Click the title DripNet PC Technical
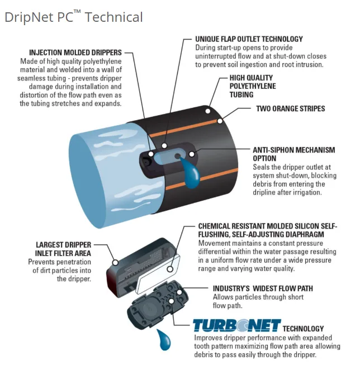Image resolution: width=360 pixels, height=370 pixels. (x=73, y=17)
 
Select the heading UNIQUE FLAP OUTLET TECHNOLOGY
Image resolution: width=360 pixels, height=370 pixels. (x=249, y=39)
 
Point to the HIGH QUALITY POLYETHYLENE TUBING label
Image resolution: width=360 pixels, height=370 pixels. (x=251, y=87)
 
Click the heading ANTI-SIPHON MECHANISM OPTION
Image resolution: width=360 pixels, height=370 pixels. (x=293, y=154)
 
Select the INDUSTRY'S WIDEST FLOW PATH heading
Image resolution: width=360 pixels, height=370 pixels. (x=263, y=288)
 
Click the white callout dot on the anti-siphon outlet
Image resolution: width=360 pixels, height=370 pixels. (x=192, y=153)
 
